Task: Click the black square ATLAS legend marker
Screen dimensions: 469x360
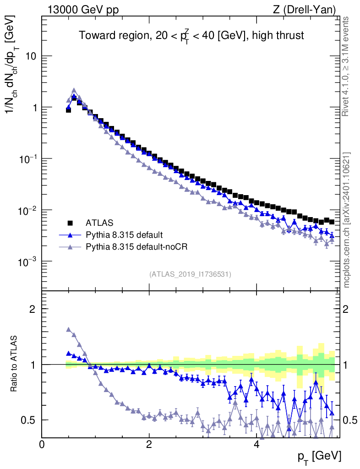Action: tap(70, 223)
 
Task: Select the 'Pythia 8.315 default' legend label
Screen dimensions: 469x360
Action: tap(124, 235)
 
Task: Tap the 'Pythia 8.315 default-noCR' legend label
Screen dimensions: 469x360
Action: tap(137, 247)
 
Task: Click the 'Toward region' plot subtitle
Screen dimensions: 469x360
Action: tap(191, 36)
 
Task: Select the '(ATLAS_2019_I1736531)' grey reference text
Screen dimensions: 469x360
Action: tap(190, 274)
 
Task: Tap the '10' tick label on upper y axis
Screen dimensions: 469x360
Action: tap(30, 56)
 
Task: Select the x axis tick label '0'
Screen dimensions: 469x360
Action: tap(42, 445)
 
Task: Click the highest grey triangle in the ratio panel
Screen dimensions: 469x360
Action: tap(69, 329)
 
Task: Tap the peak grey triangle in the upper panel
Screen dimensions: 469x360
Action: tap(74, 91)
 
